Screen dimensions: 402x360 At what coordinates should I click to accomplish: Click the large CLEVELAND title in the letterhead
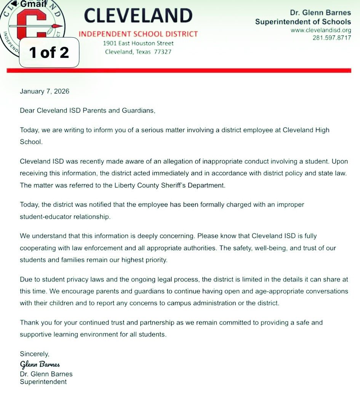[x=138, y=16]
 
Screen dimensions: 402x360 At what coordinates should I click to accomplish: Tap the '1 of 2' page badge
[x=49, y=52]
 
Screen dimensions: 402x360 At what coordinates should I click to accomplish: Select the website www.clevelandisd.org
[x=320, y=30]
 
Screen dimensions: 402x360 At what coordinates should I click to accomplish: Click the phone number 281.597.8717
[x=331, y=38]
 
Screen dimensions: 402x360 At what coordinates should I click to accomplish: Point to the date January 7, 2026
[x=45, y=91]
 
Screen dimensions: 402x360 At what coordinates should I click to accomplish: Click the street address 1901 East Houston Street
[x=138, y=43]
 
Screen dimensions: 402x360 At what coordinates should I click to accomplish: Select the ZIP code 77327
[x=162, y=52]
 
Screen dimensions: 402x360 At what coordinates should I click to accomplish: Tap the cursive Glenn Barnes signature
[x=40, y=364]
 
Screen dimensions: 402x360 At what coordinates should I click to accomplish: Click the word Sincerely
[x=35, y=354]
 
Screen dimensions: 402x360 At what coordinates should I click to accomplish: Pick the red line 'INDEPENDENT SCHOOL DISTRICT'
[x=138, y=34]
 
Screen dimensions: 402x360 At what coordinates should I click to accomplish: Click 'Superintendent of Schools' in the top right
[x=303, y=22]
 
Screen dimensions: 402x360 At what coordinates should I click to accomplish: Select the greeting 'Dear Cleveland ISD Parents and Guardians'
[x=88, y=111]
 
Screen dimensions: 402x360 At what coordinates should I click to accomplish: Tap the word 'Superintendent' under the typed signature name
[x=43, y=382]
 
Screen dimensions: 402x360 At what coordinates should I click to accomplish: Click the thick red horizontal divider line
[x=179, y=70]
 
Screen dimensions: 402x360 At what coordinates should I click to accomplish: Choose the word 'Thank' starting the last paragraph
[x=29, y=322]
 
